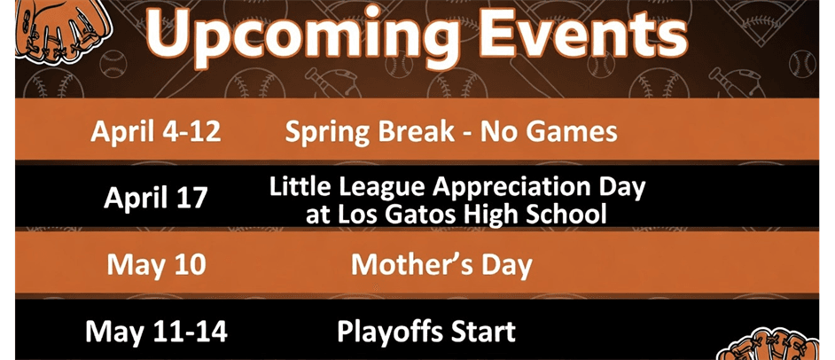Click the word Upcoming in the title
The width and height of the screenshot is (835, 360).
click(293, 34)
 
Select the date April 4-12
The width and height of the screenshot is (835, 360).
click(155, 132)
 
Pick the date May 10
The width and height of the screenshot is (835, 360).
click(156, 264)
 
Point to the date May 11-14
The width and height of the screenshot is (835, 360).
click(156, 333)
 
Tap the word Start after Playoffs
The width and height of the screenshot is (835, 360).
click(479, 333)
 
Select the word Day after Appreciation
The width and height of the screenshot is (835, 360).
click(620, 187)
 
